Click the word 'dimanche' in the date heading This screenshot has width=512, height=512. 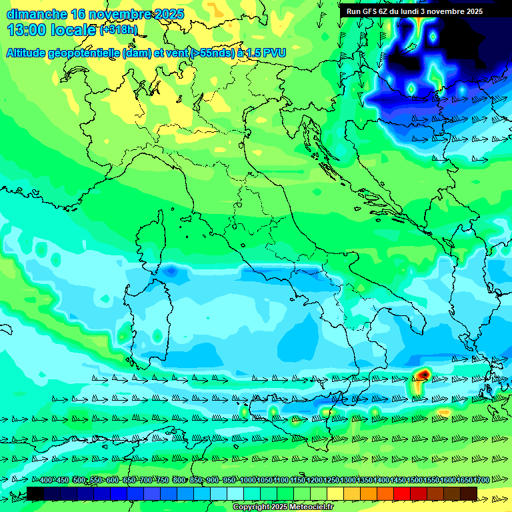point(36,14)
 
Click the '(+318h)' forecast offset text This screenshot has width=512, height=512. point(118,30)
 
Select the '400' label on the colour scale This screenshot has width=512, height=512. point(46,481)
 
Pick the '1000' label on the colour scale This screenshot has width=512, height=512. point(248,481)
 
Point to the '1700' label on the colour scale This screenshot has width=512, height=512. point(481,481)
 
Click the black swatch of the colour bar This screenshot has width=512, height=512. point(35,493)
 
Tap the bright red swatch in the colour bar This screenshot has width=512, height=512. point(402,493)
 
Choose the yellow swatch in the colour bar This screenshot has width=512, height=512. point(335,493)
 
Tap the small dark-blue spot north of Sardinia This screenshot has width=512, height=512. point(171,271)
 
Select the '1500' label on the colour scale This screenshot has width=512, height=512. point(415,481)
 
